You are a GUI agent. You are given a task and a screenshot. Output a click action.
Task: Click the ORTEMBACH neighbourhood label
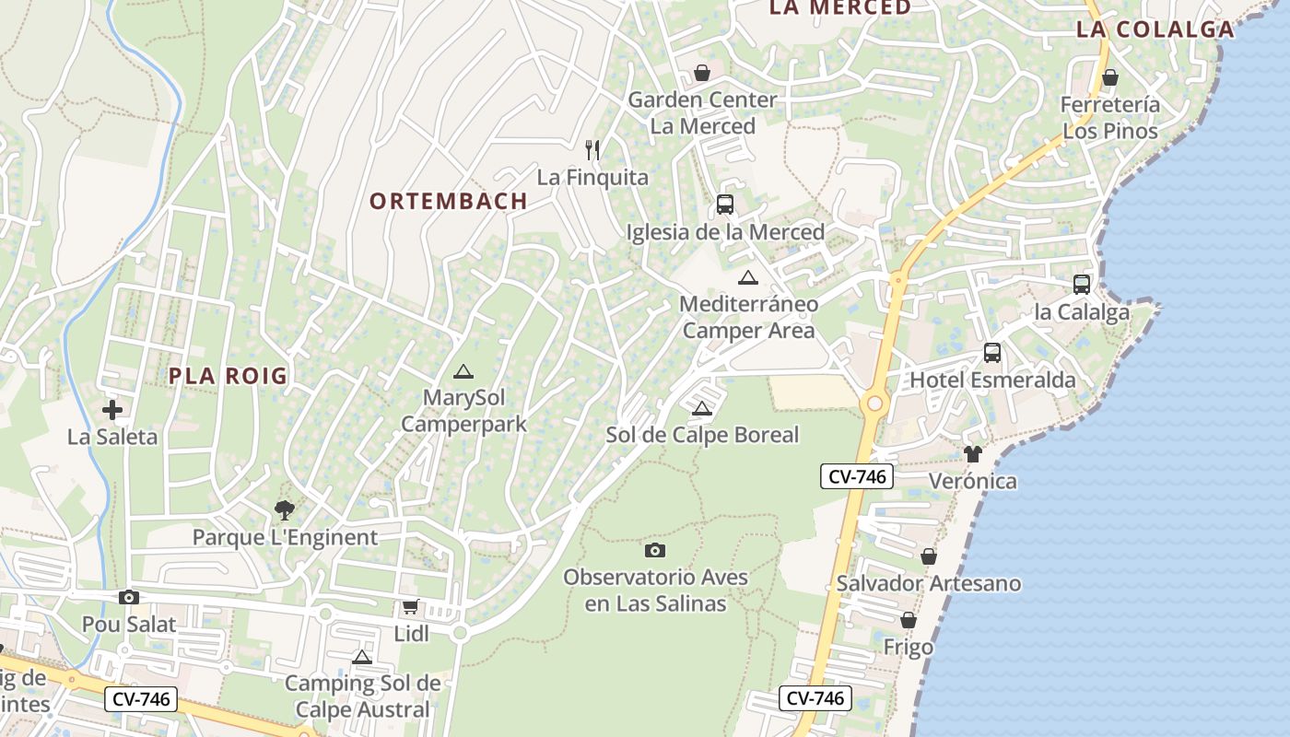tap(449, 201)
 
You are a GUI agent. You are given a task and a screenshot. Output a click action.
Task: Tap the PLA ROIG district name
tap(229, 376)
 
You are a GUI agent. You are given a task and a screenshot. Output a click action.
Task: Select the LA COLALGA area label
tap(1155, 29)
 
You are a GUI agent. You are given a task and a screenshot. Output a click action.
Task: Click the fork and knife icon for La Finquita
tap(592, 149)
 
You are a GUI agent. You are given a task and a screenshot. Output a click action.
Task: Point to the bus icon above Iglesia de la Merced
tap(725, 205)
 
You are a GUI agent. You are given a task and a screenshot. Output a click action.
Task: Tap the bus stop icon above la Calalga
tap(1082, 285)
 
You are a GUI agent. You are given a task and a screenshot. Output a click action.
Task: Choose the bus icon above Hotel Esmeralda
tap(992, 353)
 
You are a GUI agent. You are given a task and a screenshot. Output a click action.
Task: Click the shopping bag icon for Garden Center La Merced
tap(702, 72)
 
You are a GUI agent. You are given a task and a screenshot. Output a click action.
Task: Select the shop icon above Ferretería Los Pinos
tap(1110, 77)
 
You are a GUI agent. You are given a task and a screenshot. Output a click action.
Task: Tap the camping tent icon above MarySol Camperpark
tap(463, 372)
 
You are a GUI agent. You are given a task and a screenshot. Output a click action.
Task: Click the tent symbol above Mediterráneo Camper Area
tap(748, 277)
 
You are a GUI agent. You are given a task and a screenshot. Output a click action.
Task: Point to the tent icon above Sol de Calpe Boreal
tap(702, 409)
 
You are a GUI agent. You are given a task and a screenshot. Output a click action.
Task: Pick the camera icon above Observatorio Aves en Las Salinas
tap(655, 550)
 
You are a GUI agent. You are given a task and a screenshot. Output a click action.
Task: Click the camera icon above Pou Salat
tap(129, 597)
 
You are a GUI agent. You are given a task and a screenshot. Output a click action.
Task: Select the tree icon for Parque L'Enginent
tap(285, 509)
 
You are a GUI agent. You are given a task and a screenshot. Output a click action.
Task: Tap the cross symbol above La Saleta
tap(112, 410)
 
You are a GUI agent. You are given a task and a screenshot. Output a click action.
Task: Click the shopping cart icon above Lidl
tap(411, 607)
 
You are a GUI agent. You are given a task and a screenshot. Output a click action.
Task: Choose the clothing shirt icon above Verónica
tap(973, 453)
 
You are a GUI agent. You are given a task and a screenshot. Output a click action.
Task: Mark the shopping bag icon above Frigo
tap(909, 620)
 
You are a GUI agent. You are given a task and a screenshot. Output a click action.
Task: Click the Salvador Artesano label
tap(929, 583)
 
